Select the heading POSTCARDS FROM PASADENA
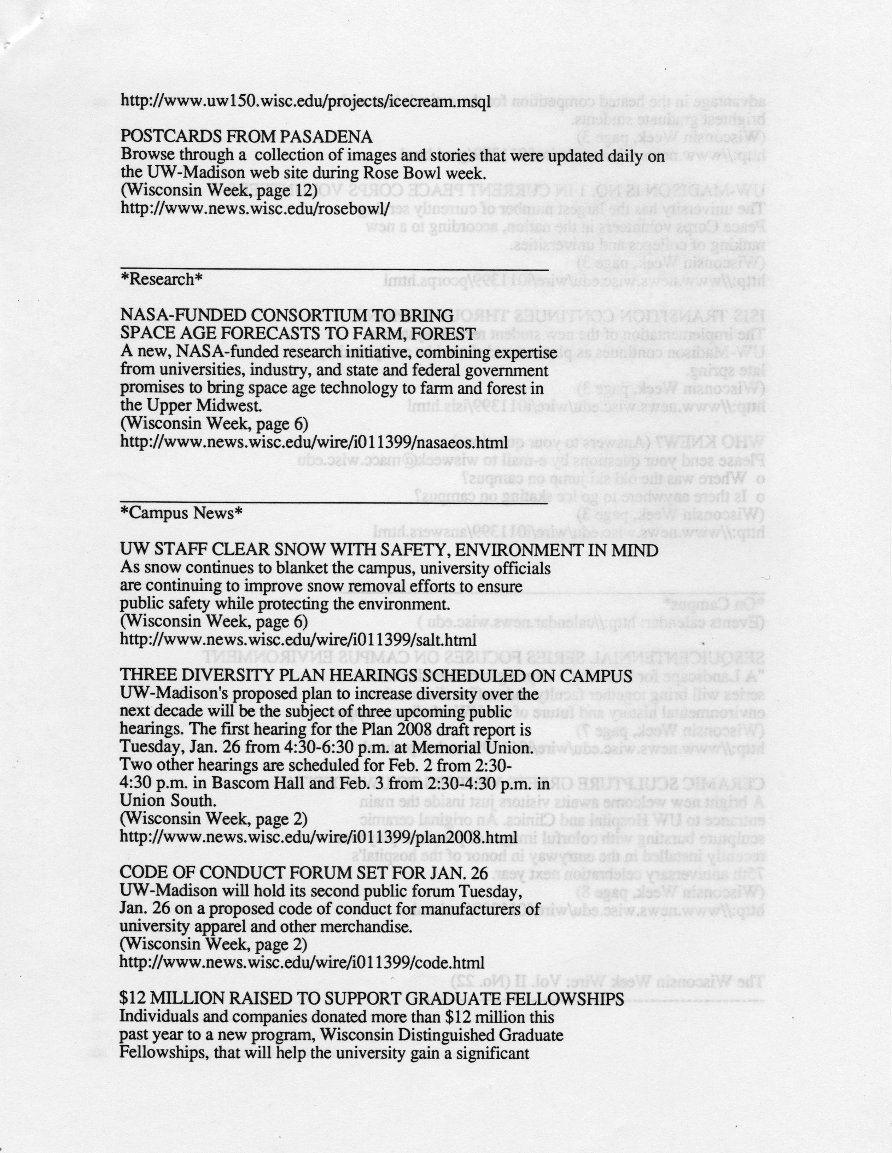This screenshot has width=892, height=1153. [247, 137]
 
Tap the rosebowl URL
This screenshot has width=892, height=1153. [255, 208]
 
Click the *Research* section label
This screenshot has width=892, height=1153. [162, 279]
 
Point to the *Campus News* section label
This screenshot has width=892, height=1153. [181, 513]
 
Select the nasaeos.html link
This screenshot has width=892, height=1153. [314, 441]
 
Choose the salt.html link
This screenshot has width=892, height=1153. [298, 640]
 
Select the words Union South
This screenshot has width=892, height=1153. [168, 801]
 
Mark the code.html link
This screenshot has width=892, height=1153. [302, 962]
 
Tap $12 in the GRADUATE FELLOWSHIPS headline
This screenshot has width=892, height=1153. [130, 998]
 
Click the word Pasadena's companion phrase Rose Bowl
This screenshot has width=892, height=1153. [393, 173]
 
